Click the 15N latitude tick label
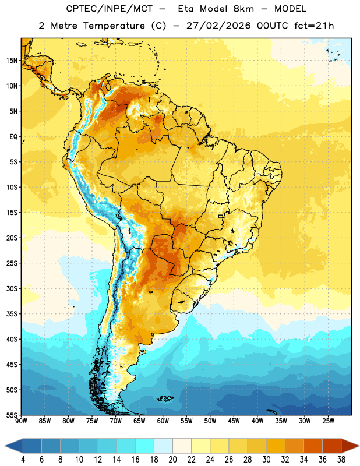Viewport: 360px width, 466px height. coord(12,61)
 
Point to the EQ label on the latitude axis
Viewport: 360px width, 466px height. coord(13,137)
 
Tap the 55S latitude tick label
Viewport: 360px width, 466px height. coord(12,415)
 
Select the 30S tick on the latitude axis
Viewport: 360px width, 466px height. coord(12,288)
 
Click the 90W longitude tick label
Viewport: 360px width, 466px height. coord(21,421)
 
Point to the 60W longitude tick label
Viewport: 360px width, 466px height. coord(163,421)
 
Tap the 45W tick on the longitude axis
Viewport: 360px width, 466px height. coord(234,421)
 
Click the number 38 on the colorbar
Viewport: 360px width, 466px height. coord(341,460)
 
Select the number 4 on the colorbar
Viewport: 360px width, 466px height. coord(23,460)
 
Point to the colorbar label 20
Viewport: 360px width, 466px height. coord(172,460)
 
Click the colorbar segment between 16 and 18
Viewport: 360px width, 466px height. coord(145,446)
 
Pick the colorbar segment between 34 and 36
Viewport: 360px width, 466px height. coord(313,446)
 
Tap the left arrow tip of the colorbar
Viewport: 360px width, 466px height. coord(5,446)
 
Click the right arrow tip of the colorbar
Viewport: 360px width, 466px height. coord(359,446)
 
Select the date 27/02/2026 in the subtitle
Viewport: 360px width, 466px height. coord(218,26)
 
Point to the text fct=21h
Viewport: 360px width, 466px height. coord(314,26)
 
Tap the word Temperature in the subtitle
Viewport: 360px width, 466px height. coord(114,26)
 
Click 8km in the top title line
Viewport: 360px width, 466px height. coord(243,9)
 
